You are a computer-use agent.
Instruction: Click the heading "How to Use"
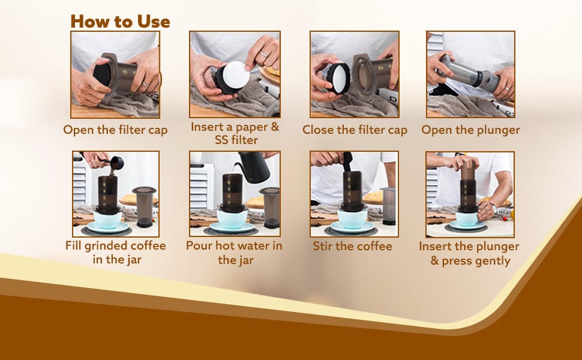(120, 22)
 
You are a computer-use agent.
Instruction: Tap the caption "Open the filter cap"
(115, 130)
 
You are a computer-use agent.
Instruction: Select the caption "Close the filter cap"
(355, 130)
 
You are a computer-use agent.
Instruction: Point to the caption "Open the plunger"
(470, 130)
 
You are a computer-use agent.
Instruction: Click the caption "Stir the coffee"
(352, 246)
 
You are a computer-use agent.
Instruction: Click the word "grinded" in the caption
(109, 246)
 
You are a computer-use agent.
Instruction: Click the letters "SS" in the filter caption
(222, 140)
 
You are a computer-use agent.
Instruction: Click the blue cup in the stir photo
(352, 219)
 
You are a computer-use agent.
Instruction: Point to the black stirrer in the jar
(347, 162)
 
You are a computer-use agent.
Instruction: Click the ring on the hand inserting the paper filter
(263, 54)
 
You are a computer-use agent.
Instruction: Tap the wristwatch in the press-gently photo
(493, 206)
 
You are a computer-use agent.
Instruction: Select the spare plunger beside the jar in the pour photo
(270, 207)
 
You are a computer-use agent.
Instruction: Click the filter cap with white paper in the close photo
(338, 79)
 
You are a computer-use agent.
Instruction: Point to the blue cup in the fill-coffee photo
(107, 219)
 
